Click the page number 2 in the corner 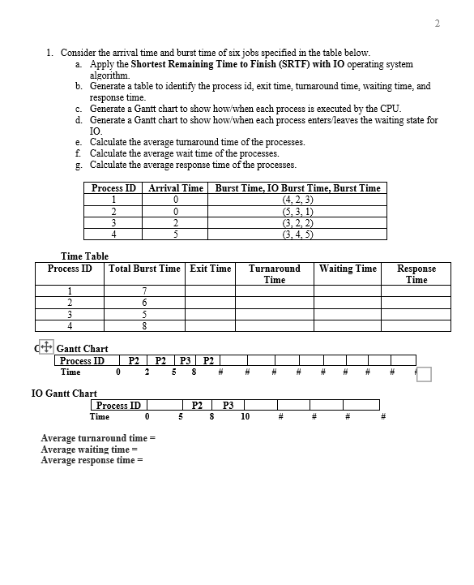point(438,23)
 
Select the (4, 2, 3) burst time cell point(297,200)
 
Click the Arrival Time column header point(176,187)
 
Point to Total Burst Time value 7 point(143,291)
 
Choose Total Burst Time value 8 point(143,327)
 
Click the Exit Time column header point(211,269)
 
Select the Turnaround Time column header point(274,273)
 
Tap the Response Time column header point(416,273)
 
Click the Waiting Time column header point(348,269)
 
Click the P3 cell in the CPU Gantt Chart point(185,361)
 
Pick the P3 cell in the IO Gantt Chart point(228,405)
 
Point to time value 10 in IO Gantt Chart point(245,417)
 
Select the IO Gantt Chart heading point(63,394)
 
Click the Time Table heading point(84,256)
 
